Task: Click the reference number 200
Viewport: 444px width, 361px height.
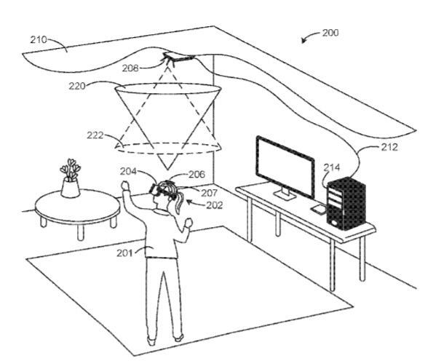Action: pos(330,33)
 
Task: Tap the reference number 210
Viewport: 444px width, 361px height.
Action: pos(39,40)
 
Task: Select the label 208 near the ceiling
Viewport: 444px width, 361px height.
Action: pos(130,68)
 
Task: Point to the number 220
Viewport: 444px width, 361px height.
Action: pos(77,86)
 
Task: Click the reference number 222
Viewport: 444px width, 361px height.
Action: pos(95,135)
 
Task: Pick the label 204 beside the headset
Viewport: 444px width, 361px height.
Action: pos(128,172)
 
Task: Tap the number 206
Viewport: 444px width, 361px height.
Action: pos(197,175)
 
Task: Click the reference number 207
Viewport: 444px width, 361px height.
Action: pos(210,193)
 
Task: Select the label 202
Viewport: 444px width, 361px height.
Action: pos(214,205)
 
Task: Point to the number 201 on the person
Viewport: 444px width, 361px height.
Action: pos(125,253)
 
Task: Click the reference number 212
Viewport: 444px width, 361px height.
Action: pos(389,147)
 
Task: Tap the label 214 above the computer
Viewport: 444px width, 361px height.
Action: pos(332,167)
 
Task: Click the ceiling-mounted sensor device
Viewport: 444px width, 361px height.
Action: pos(179,58)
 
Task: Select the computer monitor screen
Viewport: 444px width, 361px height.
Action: pos(285,167)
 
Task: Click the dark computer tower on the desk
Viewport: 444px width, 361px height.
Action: pos(346,204)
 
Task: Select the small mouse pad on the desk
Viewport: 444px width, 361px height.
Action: pos(319,209)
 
